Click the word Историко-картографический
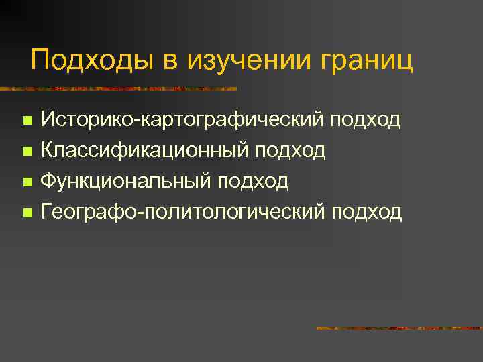(x=191, y=120)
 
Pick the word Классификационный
(x=144, y=151)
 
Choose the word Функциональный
(x=125, y=182)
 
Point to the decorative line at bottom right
(x=398, y=328)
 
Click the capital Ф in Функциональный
(x=48, y=182)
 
